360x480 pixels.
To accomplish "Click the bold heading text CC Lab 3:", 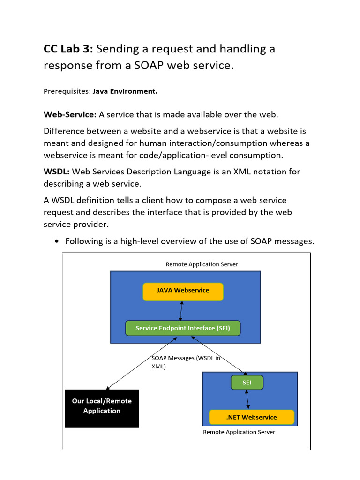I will point(68,49).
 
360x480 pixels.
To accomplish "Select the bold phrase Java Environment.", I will point(125,91).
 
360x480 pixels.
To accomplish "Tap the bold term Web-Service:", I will point(70,115).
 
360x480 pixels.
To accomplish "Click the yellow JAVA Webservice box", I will point(183,291).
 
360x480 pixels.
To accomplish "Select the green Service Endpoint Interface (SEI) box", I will point(183,328).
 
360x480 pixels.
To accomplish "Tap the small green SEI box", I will point(247,382).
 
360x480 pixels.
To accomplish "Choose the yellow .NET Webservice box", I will point(251,417).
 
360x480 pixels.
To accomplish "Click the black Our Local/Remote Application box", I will point(102,406).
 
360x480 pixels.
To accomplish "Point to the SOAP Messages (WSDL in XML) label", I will point(185,362).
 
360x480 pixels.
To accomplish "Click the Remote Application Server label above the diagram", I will point(202,264).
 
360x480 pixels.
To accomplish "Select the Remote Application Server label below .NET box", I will point(239,432).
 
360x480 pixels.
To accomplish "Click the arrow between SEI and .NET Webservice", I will point(247,399).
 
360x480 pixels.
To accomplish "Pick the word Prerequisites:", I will point(67,91).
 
